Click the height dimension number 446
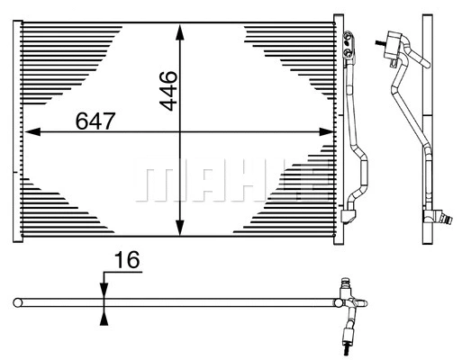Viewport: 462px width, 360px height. pyautogui.click(x=168, y=89)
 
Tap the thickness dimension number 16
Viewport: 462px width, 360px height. pyautogui.click(x=129, y=261)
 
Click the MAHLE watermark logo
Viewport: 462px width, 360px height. pyautogui.click(x=230, y=180)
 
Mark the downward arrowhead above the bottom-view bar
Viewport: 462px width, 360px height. pyautogui.click(x=104, y=288)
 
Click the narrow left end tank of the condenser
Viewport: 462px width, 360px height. pyautogui.click(x=16, y=126)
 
